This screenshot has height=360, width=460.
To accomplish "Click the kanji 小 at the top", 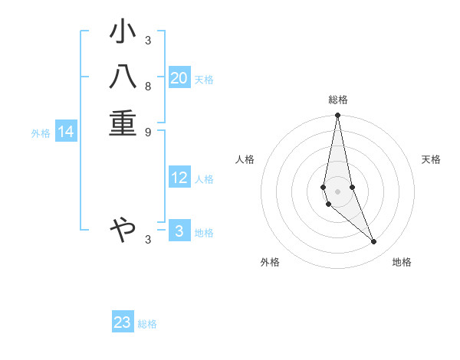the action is tap(123, 34).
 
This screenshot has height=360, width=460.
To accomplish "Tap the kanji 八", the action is tap(123, 79).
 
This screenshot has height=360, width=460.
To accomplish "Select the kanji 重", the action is tap(123, 124).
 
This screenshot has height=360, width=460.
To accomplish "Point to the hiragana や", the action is tap(123, 228).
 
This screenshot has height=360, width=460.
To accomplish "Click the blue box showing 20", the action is tap(179, 78).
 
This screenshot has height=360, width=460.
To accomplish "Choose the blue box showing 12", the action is tap(179, 178).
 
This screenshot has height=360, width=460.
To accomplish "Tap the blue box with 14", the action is tap(66, 133).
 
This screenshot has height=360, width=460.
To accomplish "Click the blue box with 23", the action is tap(123, 322).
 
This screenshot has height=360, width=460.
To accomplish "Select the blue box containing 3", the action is tap(179, 231).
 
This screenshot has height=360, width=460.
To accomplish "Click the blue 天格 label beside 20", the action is tap(204, 80).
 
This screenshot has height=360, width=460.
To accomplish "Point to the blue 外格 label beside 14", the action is tap(41, 133).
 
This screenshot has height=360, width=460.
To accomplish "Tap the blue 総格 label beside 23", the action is tap(147, 324).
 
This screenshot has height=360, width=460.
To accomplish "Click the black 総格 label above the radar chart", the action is tap(338, 100).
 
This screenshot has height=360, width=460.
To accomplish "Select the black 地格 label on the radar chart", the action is tap(402, 262).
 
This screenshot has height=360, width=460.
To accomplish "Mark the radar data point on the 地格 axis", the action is tap(374, 242).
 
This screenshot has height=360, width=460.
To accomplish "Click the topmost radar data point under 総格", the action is tap(337, 116).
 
